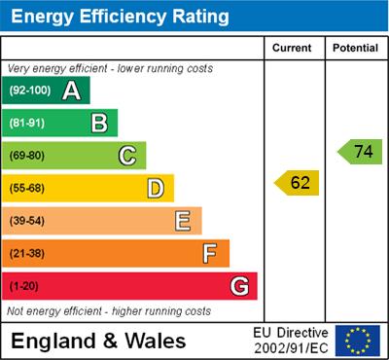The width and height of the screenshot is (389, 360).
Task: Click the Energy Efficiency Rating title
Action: pyautogui.click(x=121, y=17)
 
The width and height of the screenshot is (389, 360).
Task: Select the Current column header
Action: pyautogui.click(x=292, y=48)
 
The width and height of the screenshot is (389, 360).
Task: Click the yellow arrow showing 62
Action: pyautogui.click(x=298, y=182)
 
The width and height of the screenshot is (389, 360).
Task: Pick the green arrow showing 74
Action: pyautogui.click(x=360, y=152)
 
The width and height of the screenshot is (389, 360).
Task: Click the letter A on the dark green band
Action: pyautogui.click(x=71, y=91)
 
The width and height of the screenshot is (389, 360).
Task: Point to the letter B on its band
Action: pyautogui.click(x=99, y=123)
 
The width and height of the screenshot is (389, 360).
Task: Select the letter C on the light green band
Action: pyautogui.click(x=127, y=155)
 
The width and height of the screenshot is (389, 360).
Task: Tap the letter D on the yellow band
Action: pyautogui.click(x=156, y=188)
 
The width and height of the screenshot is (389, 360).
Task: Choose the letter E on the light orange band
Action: pyautogui.click(x=183, y=221)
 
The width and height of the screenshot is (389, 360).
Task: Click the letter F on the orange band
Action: pyautogui.click(x=210, y=254)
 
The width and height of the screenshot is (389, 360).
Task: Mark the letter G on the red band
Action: pyautogui.click(x=239, y=287)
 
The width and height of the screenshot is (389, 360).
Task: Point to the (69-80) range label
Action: pyautogui.click(x=28, y=156)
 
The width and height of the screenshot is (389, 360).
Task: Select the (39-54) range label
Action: pyautogui.click(x=28, y=221)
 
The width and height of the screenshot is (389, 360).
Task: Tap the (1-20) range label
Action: pyautogui.click(x=25, y=287)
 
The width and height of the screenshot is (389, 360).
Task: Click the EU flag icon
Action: pyautogui.click(x=358, y=340)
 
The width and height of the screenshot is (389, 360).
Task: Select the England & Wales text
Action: pyautogui.click(x=98, y=341)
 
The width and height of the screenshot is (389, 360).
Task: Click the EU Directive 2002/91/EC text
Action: pyautogui.click(x=291, y=341)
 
